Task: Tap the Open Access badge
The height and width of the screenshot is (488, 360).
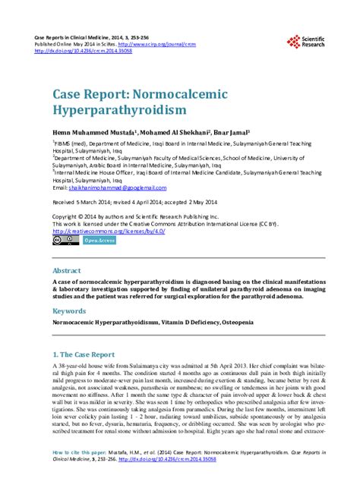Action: (99, 240)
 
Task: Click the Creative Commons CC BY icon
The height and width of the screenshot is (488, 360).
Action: (62, 240)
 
